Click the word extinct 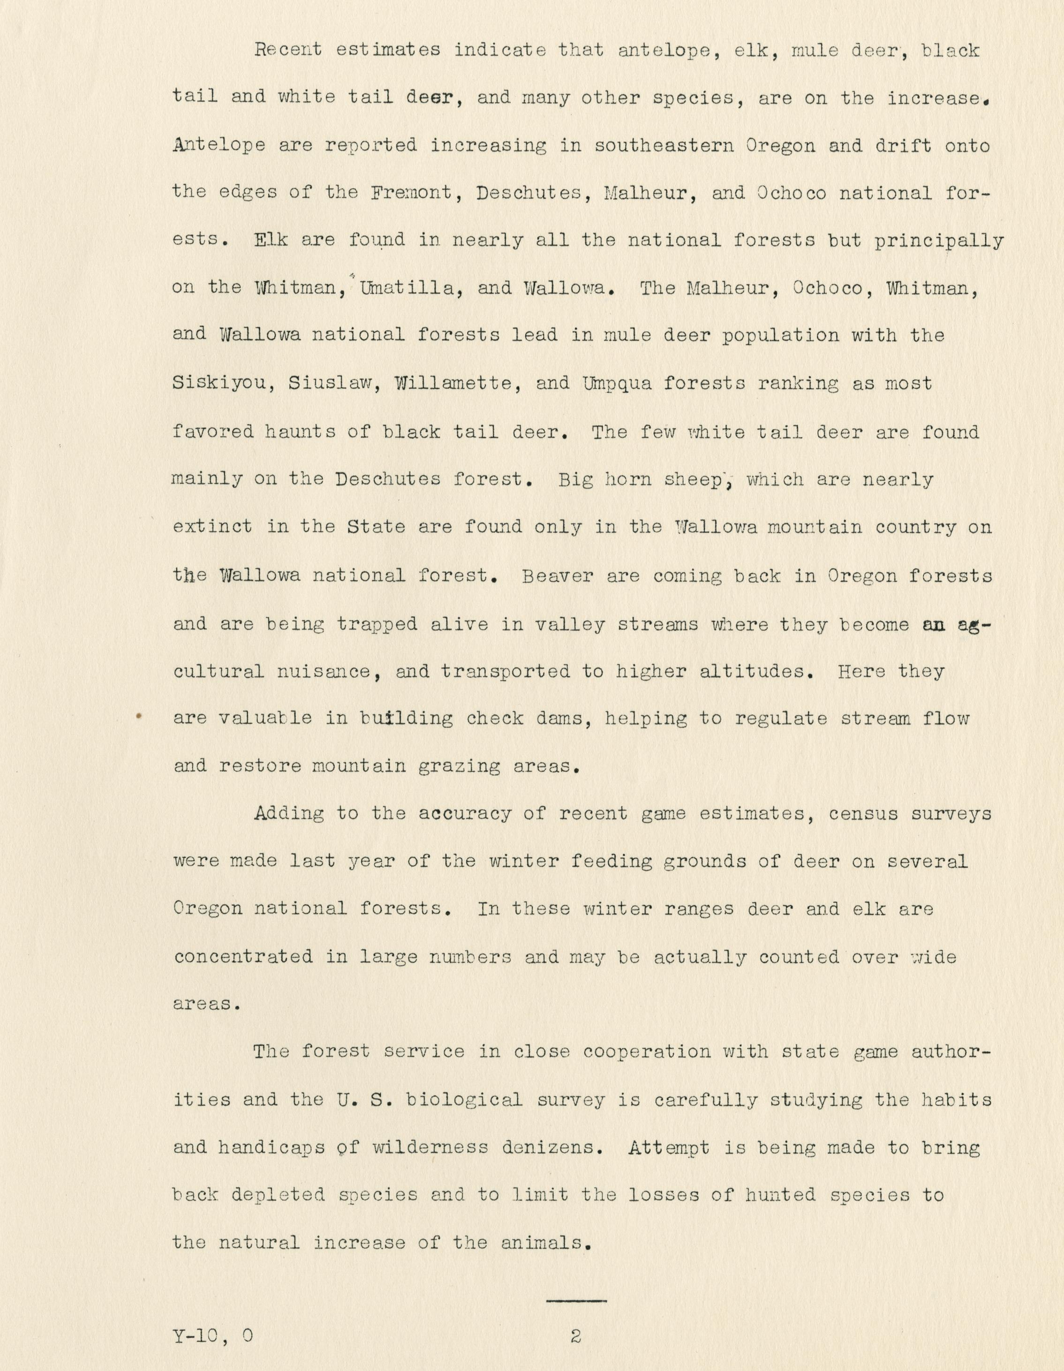click(x=213, y=527)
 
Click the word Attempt click(x=669, y=1148)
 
